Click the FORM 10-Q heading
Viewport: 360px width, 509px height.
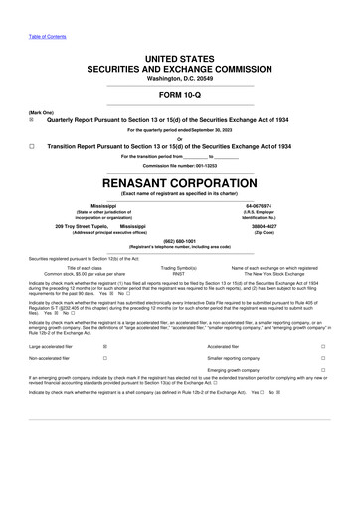pos(179,94)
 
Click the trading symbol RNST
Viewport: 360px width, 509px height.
pos(179,273)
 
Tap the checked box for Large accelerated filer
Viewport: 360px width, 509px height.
pos(105,345)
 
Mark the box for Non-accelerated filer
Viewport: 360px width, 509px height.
pos(105,357)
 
